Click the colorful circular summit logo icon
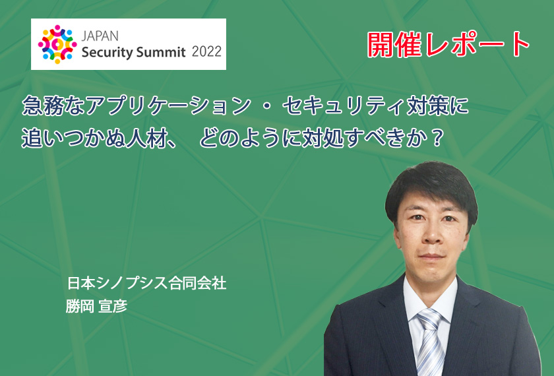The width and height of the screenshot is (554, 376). tap(57, 44)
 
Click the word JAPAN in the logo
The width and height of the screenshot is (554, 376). tap(100, 36)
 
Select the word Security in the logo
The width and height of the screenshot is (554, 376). tap(107, 52)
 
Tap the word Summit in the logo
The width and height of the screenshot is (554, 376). tap(161, 52)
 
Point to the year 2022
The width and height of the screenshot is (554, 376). tap(206, 51)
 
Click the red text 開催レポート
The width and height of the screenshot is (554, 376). tap(448, 45)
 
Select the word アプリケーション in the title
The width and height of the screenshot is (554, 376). tap(169, 106)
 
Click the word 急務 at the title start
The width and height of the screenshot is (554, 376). tap(43, 106)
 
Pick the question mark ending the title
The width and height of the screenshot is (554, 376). tap(437, 139)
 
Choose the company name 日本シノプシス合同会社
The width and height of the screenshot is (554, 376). tap(146, 284)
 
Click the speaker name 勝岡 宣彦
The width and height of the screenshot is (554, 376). tap(96, 306)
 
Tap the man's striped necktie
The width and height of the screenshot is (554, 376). tap(429, 342)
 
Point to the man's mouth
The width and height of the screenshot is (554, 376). tap(431, 256)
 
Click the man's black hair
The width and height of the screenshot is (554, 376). tap(431, 184)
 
